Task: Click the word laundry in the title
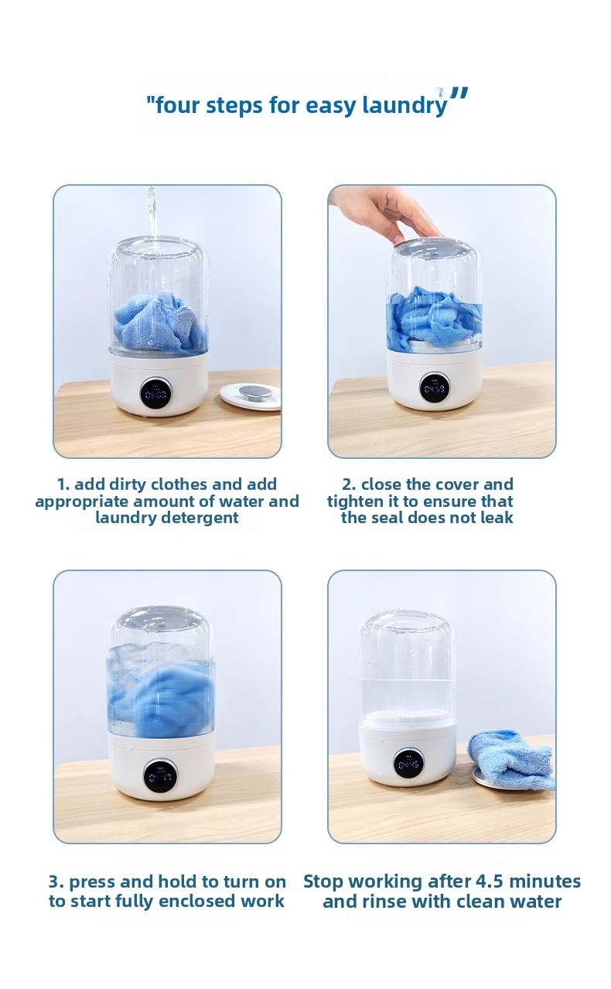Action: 404,105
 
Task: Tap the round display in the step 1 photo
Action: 155,393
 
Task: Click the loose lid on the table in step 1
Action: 250,396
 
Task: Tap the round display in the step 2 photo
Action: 434,387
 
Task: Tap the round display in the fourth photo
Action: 408,763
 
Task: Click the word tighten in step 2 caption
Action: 350,501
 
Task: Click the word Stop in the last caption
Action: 325,882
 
